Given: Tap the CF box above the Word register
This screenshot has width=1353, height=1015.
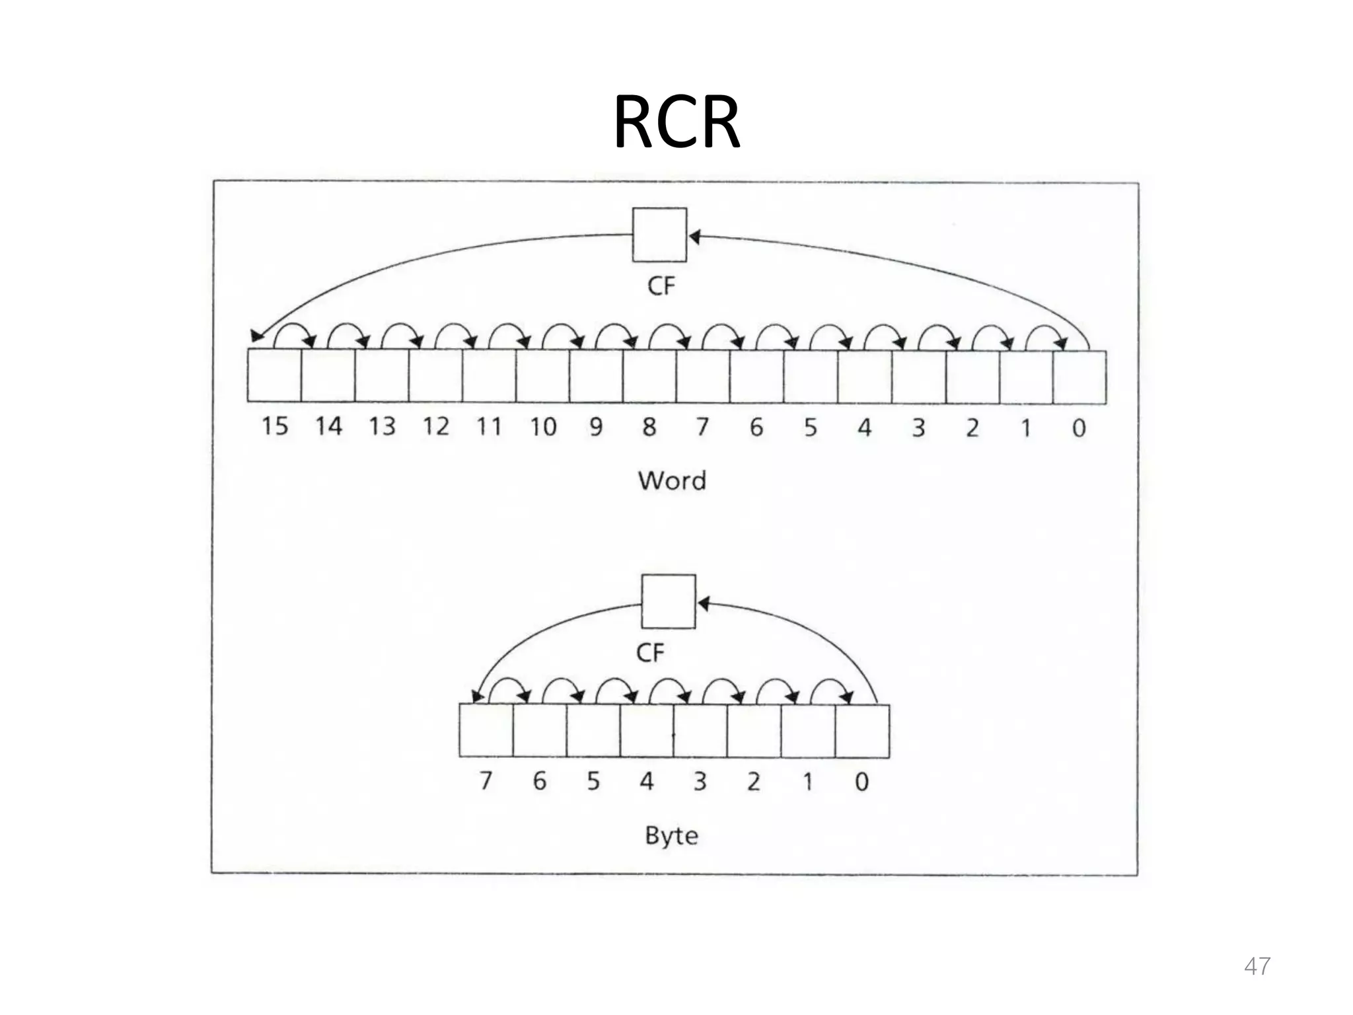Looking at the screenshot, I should (x=659, y=235).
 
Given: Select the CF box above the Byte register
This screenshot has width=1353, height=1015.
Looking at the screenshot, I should (x=669, y=601).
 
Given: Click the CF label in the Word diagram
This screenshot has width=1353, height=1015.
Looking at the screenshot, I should (x=661, y=287).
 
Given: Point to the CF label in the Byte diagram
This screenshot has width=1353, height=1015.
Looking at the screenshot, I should (x=650, y=654).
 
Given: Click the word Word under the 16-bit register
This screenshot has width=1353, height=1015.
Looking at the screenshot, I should (x=672, y=480).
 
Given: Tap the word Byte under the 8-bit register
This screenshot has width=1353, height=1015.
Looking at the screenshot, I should (x=671, y=836).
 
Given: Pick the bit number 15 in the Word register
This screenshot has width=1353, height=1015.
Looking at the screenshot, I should (x=275, y=427).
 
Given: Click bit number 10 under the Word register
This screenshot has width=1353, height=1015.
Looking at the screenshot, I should (x=543, y=427).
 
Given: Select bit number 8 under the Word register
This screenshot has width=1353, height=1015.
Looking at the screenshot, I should (x=649, y=427).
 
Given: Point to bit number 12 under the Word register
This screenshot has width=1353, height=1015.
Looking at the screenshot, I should (x=436, y=427).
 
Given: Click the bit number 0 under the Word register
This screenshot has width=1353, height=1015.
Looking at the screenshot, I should (x=1079, y=428).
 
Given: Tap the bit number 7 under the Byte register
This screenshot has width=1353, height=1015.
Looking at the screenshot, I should (x=486, y=782).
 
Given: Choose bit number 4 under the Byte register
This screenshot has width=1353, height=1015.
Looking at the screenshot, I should (x=646, y=782).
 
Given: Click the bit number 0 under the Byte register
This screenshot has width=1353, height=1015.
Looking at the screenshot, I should (x=861, y=782).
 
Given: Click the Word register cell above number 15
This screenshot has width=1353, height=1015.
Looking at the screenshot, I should (x=274, y=375).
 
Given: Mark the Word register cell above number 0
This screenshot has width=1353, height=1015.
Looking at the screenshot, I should (x=1079, y=377).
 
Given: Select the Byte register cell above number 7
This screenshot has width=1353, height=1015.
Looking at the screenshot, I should (x=486, y=730).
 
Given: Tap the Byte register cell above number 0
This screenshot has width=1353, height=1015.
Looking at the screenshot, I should (x=862, y=731).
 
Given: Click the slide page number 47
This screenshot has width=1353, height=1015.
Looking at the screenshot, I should (x=1257, y=966).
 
